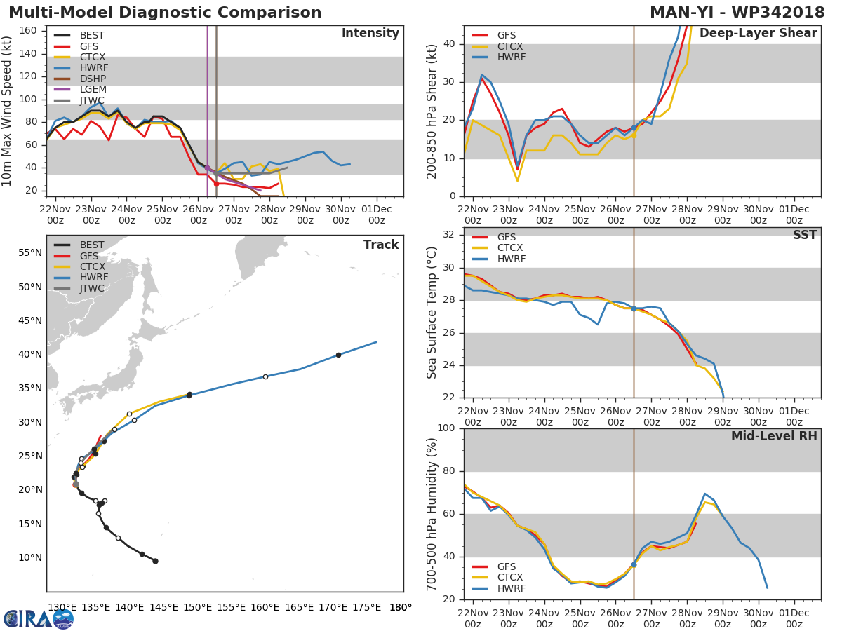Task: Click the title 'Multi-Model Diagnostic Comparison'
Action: (x=165, y=13)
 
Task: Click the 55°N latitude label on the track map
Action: (x=29, y=252)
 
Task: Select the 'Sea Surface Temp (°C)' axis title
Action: (x=432, y=313)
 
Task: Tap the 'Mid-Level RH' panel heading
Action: (x=774, y=436)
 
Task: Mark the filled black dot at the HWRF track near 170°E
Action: (x=338, y=355)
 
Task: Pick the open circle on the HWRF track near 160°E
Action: (x=265, y=376)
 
